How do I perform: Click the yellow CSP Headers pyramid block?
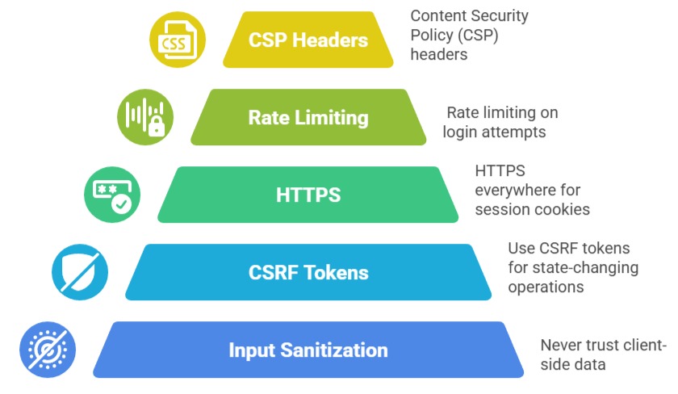[x=308, y=40]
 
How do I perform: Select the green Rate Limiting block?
[x=308, y=117]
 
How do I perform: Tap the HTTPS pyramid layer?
[x=308, y=195]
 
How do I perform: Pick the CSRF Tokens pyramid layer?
[x=308, y=272]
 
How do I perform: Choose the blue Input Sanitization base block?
[x=308, y=350]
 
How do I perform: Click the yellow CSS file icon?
[x=178, y=40]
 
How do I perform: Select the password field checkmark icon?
[x=112, y=195]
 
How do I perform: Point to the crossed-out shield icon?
[x=80, y=272]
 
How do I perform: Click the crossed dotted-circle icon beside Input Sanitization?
[x=48, y=350]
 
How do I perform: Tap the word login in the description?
[x=462, y=132]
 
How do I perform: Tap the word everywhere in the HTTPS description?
[x=515, y=190]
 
